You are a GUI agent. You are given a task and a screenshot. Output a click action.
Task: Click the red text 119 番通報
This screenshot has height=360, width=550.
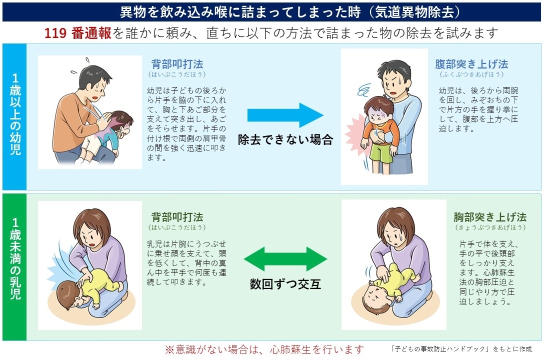pyautogui.click(x=77, y=33)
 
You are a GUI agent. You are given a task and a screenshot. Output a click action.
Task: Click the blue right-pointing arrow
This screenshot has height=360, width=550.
pyautogui.click(x=285, y=115)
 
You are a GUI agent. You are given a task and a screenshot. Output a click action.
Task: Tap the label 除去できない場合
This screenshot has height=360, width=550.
pyautogui.click(x=285, y=139)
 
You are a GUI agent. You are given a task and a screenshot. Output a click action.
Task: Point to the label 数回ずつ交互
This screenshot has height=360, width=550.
pyautogui.click(x=285, y=284)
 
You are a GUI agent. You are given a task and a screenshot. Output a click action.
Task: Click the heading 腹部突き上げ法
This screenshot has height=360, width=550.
pyautogui.click(x=471, y=64)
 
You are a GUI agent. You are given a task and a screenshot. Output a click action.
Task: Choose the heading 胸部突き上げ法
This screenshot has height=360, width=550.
pyautogui.click(x=490, y=217)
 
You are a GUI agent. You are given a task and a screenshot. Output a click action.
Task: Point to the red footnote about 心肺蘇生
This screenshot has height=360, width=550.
pyautogui.click(x=264, y=349)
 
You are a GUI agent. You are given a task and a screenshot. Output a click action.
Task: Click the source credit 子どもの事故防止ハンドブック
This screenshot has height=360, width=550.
pyautogui.click(x=460, y=349)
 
